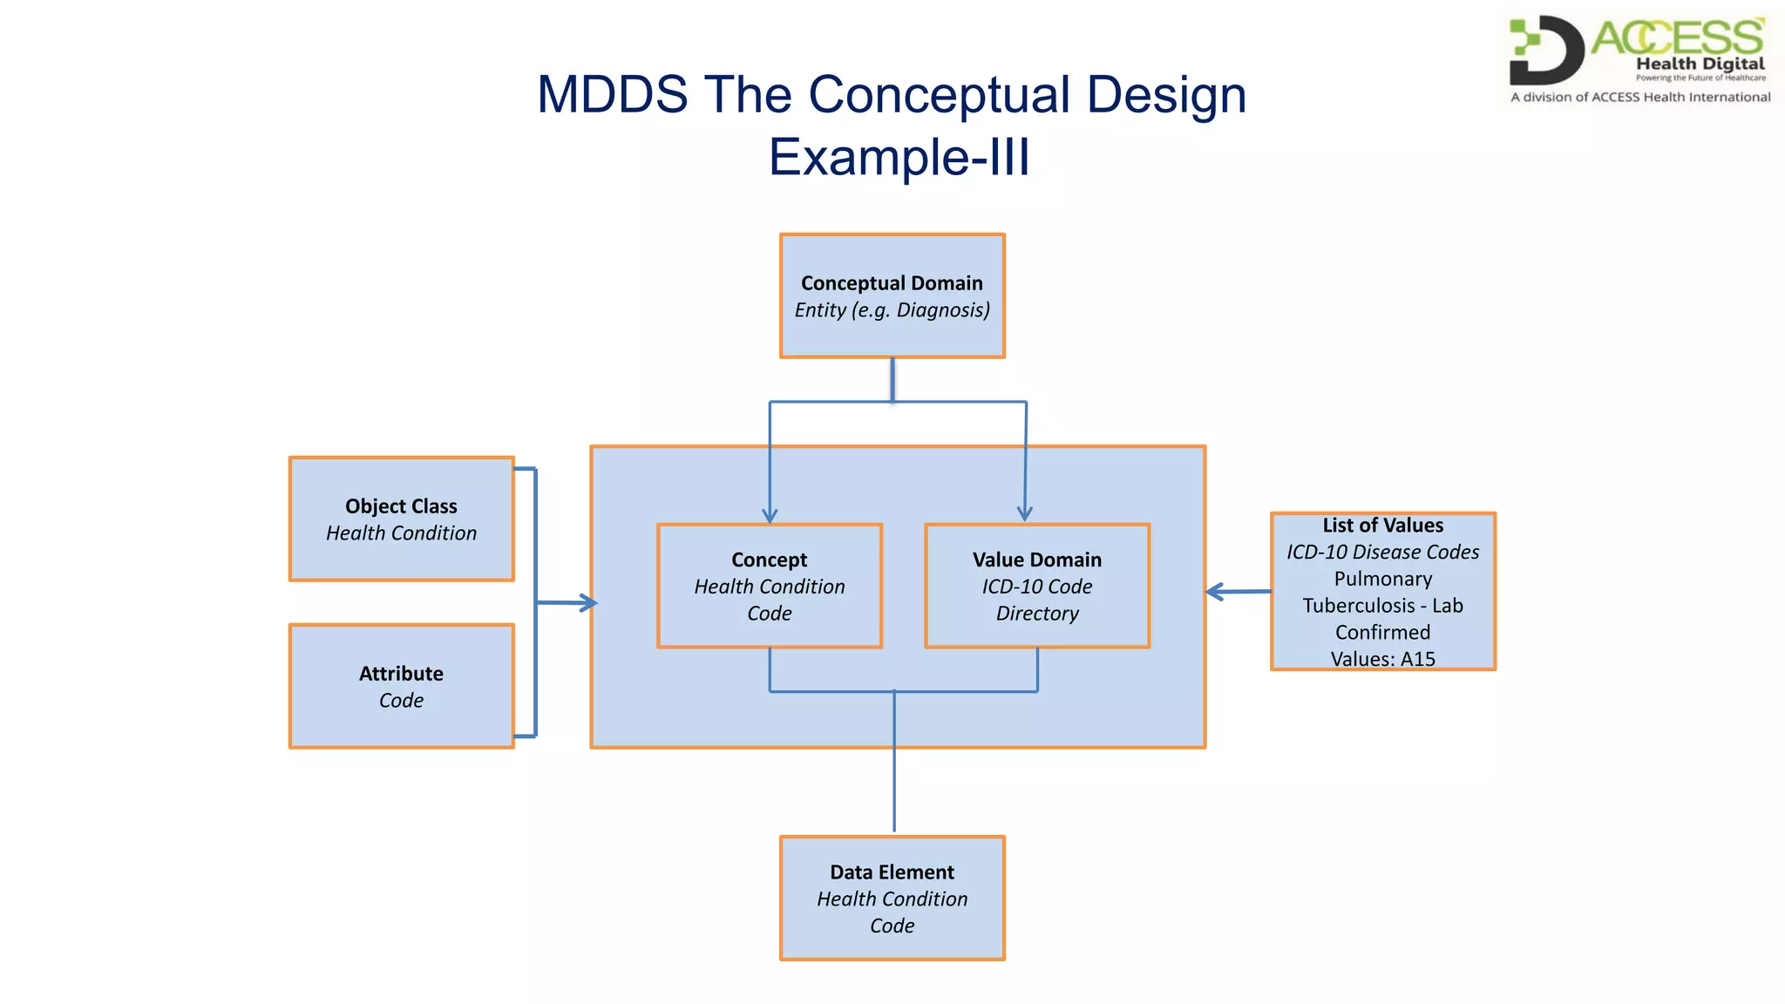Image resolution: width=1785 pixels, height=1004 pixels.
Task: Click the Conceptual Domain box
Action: pos(892,295)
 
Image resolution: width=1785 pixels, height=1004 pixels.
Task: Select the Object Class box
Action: pos(401,519)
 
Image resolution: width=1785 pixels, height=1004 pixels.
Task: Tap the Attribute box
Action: pos(401,686)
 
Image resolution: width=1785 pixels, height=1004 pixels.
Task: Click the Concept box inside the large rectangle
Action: pos(770,586)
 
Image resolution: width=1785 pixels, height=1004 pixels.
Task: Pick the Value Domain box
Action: pos(1037,586)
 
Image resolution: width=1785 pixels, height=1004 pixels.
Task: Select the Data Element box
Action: pos(892,898)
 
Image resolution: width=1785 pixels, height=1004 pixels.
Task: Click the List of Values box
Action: pos(1382,591)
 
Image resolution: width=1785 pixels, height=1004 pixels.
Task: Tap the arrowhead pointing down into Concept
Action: pos(770,515)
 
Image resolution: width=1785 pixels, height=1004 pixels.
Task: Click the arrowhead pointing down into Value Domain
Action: pos(1025,513)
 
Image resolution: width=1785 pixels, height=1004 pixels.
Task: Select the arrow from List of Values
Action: pos(1238,592)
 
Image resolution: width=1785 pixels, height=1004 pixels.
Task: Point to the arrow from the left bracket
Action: pos(567,602)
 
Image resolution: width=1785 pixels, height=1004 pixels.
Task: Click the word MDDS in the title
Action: pos(613,94)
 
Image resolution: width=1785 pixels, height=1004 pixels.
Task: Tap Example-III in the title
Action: pos(899,157)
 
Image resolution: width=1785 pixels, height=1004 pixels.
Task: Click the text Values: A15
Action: pos(1382,659)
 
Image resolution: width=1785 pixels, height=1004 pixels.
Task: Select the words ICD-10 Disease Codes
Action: pos(1382,552)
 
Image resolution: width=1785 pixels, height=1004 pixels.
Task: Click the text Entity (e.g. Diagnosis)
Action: pos(892,310)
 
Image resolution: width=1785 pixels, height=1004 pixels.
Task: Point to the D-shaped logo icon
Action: pos(1546,51)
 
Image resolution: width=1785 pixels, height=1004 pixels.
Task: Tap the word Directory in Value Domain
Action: pos(1037,614)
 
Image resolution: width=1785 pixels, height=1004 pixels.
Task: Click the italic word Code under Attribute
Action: pos(401,701)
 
